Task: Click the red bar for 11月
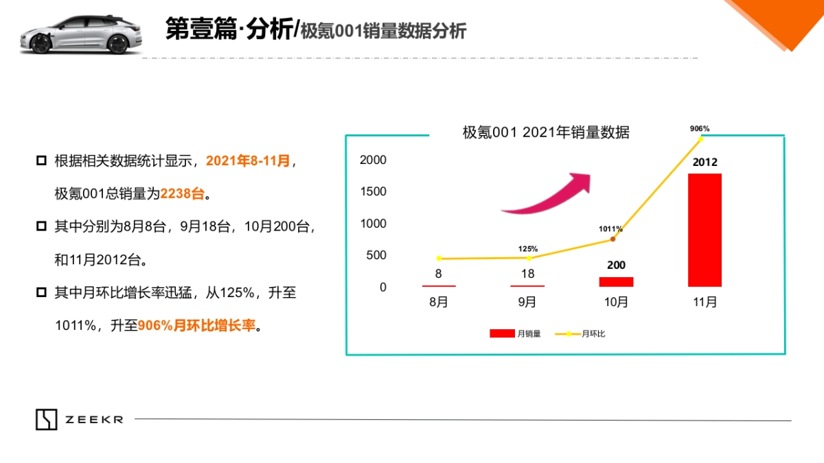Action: click(705, 230)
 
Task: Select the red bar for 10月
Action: click(616, 281)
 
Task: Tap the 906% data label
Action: click(700, 128)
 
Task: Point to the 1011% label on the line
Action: click(610, 228)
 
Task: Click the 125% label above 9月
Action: click(528, 248)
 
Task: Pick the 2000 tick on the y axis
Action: click(374, 160)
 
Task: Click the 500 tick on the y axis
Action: click(374, 255)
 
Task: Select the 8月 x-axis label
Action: click(438, 302)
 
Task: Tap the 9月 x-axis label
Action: click(527, 302)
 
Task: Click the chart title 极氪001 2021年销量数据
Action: click(546, 133)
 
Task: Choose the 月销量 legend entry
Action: click(515, 334)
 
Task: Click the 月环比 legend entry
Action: click(580, 334)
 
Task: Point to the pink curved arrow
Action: click(549, 195)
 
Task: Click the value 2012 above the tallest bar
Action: click(705, 163)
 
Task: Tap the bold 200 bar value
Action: click(616, 265)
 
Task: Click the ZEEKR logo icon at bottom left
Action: click(47, 419)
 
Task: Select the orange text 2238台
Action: click(183, 194)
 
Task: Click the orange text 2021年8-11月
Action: click(248, 161)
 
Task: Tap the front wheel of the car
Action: click(41, 45)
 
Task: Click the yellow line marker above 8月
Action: click(438, 259)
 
